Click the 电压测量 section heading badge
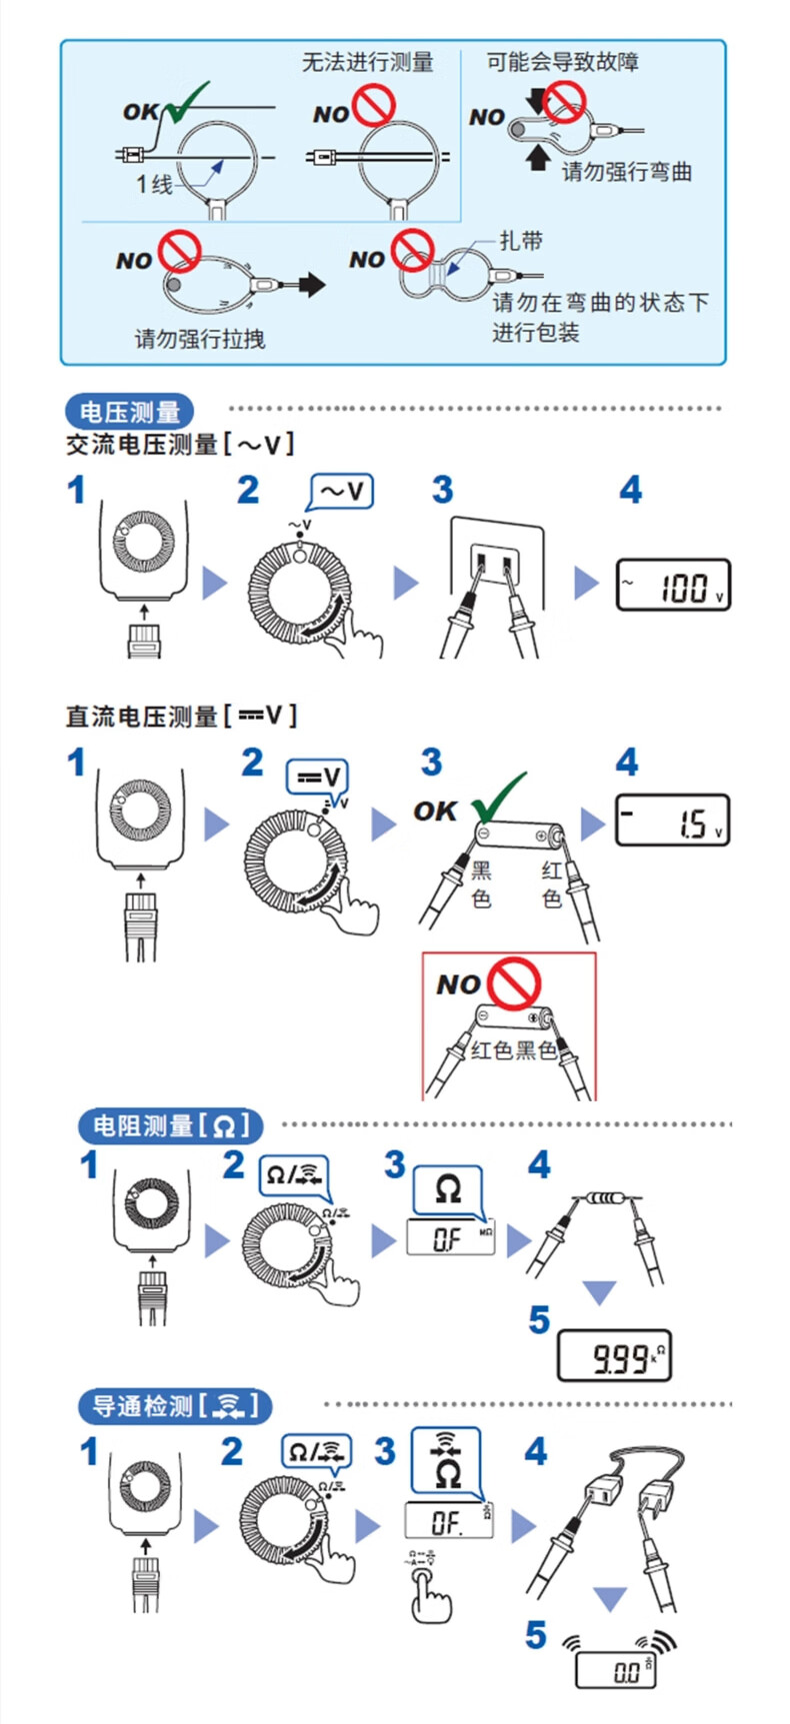(129, 412)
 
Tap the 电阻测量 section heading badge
(169, 1125)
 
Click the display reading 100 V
(673, 586)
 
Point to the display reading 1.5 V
(672, 821)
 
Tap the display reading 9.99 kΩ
(613, 1356)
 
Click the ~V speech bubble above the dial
(342, 492)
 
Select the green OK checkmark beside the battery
(498, 797)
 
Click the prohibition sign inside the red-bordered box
(516, 983)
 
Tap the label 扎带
(522, 241)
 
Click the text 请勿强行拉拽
(200, 339)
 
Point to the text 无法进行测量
(368, 63)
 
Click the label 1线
(155, 184)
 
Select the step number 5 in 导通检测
(537, 1635)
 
